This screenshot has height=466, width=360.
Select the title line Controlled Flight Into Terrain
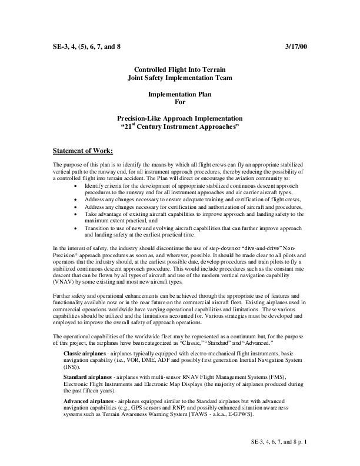tap(179, 69)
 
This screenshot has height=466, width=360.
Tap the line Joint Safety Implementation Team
tap(179, 77)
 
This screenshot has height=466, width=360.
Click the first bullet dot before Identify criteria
tap(76, 185)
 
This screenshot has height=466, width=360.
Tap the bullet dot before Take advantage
tap(76, 215)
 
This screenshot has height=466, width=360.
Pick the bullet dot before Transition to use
tap(76, 229)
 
